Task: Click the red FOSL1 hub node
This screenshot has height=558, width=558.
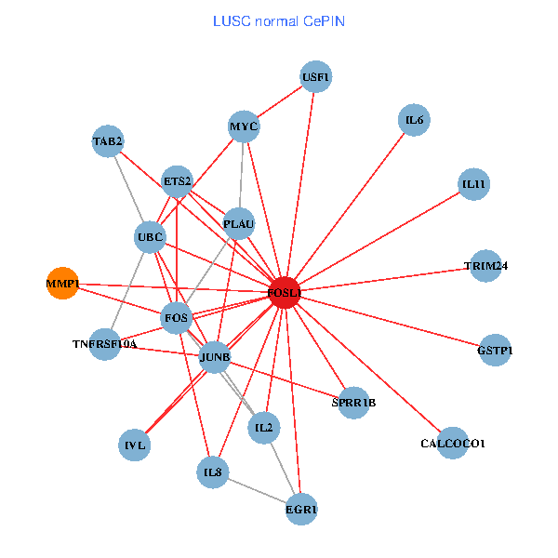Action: pyautogui.click(x=284, y=293)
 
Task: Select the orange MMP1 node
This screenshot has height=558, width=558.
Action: pyautogui.click(x=62, y=283)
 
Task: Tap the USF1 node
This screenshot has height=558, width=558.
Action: pyautogui.click(x=316, y=77)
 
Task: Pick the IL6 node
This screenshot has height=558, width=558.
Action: pyautogui.click(x=414, y=119)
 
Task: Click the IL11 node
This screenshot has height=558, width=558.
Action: pyautogui.click(x=473, y=184)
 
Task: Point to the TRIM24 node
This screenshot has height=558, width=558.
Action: pyautogui.click(x=485, y=266)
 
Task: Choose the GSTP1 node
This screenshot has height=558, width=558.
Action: pyautogui.click(x=494, y=350)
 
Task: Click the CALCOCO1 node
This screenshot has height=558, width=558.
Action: pyautogui.click(x=452, y=444)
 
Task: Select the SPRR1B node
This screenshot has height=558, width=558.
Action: pyautogui.click(x=353, y=403)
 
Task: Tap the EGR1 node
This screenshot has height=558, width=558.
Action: pyautogui.click(x=301, y=509)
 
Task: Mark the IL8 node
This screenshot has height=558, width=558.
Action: pyautogui.click(x=213, y=472)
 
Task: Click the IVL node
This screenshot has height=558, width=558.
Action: pyautogui.click(x=136, y=445)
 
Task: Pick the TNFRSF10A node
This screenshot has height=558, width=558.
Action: pyautogui.click(x=105, y=344)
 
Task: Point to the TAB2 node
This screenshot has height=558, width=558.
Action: pyautogui.click(x=108, y=141)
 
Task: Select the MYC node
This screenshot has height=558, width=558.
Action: pyautogui.click(x=244, y=126)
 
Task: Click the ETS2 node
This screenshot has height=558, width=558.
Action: pyautogui.click(x=177, y=180)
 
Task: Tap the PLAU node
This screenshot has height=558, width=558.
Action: pyautogui.click(x=239, y=223)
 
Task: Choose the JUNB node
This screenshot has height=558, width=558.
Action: pyautogui.click(x=215, y=357)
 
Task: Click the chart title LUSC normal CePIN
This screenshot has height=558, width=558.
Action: pyautogui.click(x=279, y=20)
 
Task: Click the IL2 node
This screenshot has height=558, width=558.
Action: pyautogui.click(x=263, y=428)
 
